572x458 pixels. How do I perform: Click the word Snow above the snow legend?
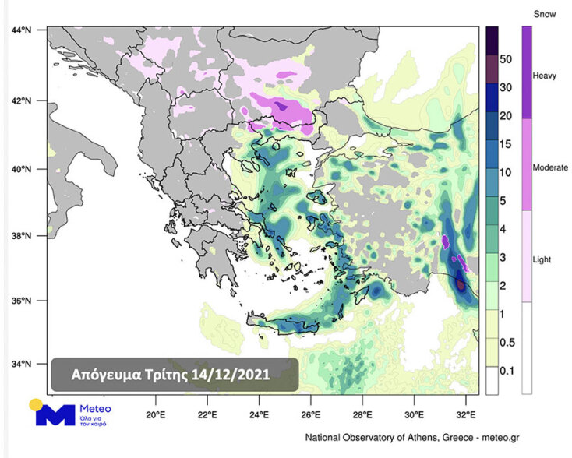click(x=544, y=14)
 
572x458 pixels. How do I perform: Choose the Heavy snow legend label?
click(x=544, y=76)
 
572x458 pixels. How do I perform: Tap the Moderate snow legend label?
click(x=549, y=167)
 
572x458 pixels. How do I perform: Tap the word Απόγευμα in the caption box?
click(x=104, y=375)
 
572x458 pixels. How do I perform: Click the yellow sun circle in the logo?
click(x=36, y=404)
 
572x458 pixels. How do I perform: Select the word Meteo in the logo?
click(x=95, y=408)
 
